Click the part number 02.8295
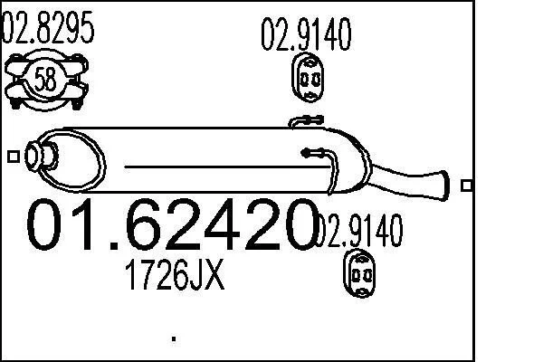(48, 27)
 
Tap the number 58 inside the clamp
(45, 79)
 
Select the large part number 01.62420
(172, 224)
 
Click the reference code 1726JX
(175, 275)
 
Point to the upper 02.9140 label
(306, 34)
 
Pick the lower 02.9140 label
(358, 231)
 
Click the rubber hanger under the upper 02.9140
(308, 77)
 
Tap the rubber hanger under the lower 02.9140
(359, 273)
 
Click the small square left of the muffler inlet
(14, 157)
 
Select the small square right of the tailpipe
(466, 186)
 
